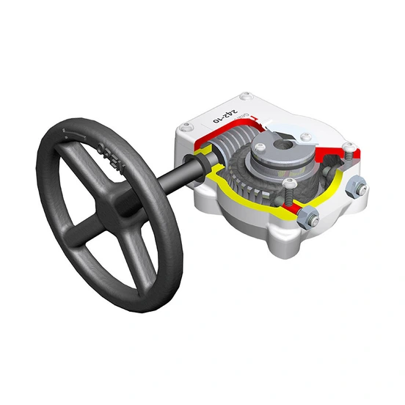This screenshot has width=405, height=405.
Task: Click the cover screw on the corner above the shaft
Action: (180, 131)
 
